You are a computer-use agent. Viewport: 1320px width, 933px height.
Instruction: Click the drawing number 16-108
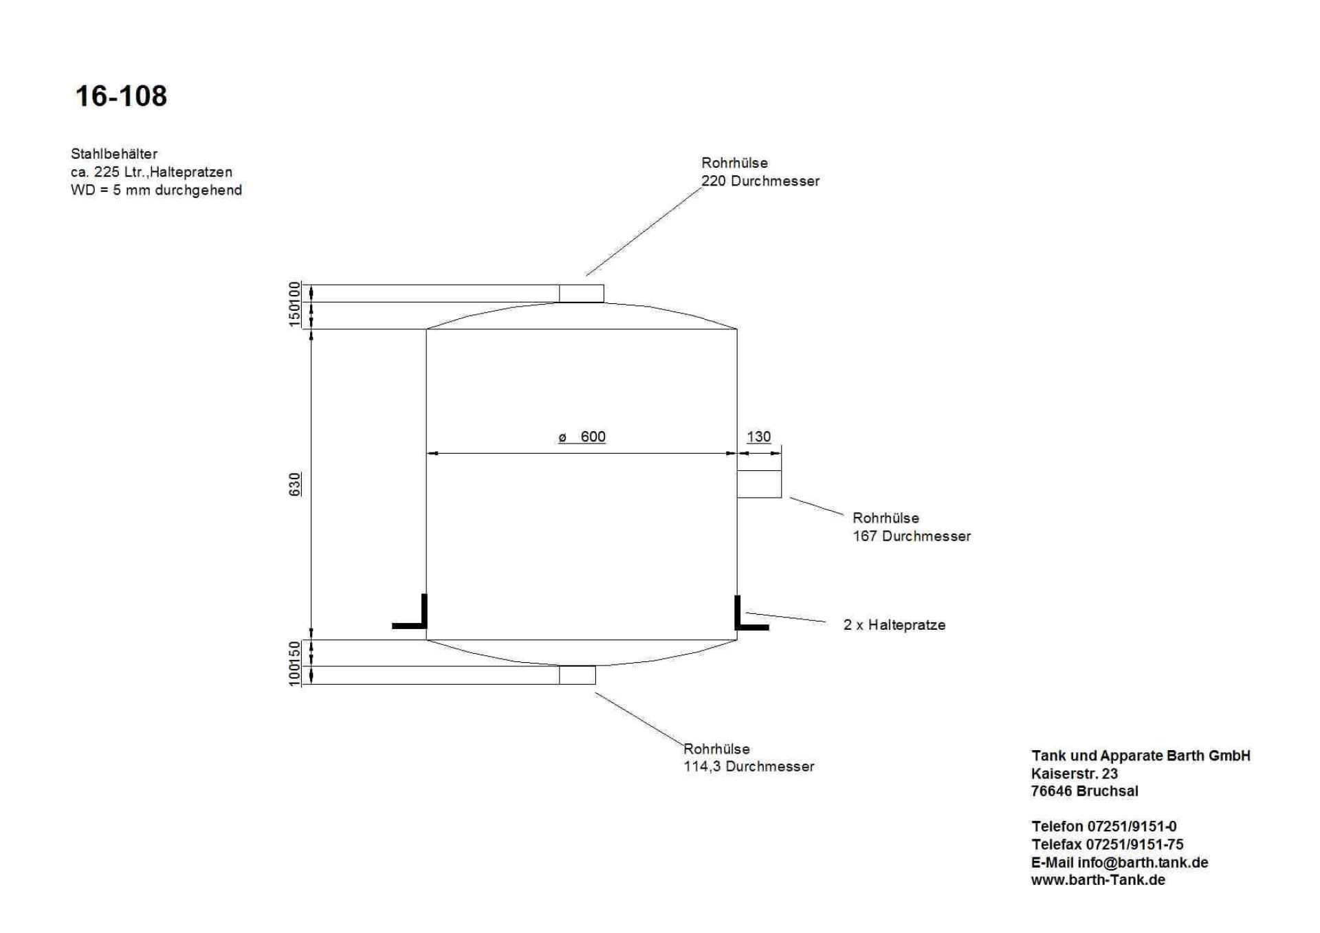[x=121, y=96]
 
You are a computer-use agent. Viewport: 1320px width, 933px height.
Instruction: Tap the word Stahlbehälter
[x=114, y=154]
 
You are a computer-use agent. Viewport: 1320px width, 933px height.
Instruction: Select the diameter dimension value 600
[x=592, y=437]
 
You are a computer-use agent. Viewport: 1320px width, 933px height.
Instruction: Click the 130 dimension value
[x=758, y=437]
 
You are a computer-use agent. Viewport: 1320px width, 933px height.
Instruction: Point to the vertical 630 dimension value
[x=294, y=484]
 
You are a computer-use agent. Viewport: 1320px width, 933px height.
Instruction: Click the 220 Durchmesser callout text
[x=760, y=182]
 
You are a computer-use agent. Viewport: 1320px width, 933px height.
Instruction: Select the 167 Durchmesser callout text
[x=912, y=536]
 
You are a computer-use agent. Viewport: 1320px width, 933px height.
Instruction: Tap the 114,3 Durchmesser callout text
[x=749, y=767]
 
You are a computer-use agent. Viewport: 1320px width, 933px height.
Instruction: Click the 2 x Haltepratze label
[x=894, y=625]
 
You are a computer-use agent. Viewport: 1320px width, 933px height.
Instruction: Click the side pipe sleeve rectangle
[x=759, y=483]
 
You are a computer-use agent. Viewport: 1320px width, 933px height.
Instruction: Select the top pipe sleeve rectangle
[x=581, y=294]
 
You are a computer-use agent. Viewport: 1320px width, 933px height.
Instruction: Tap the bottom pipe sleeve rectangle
[x=577, y=675]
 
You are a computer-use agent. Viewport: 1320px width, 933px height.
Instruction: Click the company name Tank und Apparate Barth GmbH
[x=1141, y=756]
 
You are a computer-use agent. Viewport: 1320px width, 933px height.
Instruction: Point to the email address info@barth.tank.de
[x=1143, y=862]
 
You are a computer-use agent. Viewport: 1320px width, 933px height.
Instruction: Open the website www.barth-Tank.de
[x=1098, y=880]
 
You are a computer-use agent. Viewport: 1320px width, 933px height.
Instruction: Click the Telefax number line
[x=1107, y=844]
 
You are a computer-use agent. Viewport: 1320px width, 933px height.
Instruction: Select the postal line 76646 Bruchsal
[x=1084, y=791]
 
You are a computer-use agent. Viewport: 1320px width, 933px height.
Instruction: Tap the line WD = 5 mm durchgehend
[x=156, y=190]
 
